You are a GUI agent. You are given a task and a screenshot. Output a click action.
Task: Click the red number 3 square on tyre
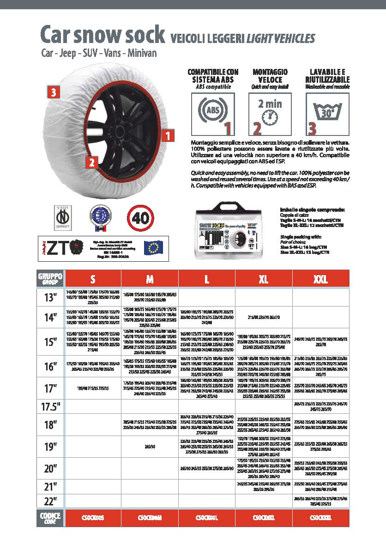coord(54,92)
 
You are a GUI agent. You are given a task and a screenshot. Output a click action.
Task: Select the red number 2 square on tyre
coord(92,162)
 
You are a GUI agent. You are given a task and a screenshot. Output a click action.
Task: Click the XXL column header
coord(320,279)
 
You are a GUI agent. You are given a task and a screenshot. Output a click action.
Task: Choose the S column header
coord(93,279)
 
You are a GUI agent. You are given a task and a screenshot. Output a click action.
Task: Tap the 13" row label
coord(50,297)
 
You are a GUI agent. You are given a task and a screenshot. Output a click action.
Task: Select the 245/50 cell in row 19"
coord(150,447)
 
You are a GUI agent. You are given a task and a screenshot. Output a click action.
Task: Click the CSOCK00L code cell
coord(206,518)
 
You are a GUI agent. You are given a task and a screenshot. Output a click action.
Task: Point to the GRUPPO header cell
coord(50,279)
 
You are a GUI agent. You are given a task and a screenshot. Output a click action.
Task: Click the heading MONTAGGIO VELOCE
coord(270,75)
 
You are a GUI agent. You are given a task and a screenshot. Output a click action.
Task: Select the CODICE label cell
coord(50,518)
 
